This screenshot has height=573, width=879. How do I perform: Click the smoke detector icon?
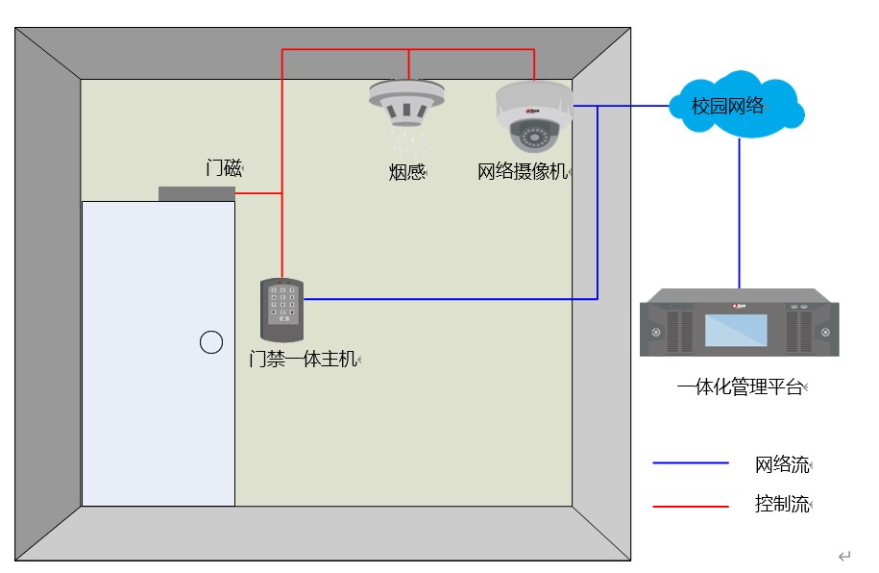(x=407, y=104)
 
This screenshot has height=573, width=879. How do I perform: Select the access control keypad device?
(x=281, y=310)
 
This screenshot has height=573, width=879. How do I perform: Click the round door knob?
(x=211, y=341)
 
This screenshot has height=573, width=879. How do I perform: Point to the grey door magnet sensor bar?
(x=196, y=193)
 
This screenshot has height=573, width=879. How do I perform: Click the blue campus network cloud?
(x=735, y=105)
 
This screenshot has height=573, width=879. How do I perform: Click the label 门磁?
(x=223, y=167)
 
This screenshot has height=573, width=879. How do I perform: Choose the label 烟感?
(x=406, y=172)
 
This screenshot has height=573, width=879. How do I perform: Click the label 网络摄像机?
(x=522, y=172)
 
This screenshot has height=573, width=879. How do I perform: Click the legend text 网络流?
(x=781, y=465)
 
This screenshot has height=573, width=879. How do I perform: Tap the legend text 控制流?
(x=781, y=504)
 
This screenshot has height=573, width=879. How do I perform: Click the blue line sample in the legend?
(x=691, y=463)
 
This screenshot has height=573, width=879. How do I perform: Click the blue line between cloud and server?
(x=739, y=212)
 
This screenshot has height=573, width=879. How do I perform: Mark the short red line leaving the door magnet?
(x=257, y=193)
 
